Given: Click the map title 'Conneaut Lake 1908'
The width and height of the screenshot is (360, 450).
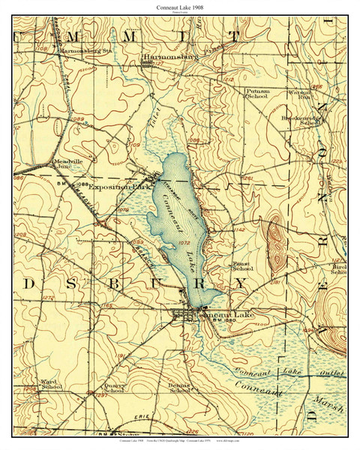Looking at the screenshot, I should [179, 6].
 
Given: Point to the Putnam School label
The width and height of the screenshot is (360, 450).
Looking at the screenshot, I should [257, 93].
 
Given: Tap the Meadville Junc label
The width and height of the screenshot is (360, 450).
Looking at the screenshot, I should [65, 165].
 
